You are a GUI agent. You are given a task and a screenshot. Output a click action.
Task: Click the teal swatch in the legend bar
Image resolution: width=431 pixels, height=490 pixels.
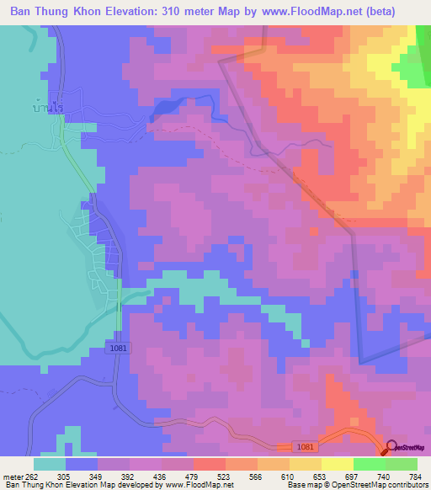[50, 464]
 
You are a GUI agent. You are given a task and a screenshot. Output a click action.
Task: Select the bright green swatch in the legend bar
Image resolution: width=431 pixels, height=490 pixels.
[370, 464]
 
